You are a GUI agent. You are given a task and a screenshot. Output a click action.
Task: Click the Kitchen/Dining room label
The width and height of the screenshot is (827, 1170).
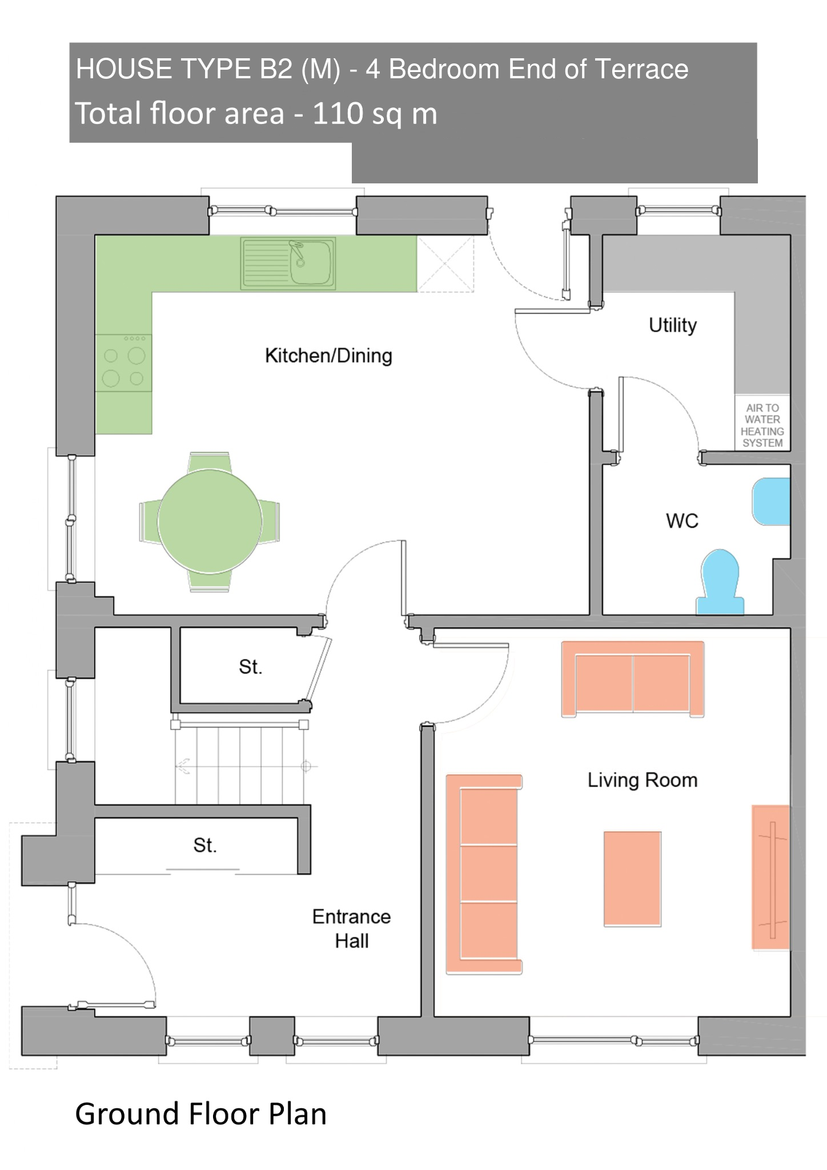click(328, 356)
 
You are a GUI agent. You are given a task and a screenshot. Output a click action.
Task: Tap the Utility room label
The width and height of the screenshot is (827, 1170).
click(673, 326)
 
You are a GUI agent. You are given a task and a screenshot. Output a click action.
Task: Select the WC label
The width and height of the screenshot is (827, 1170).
click(682, 521)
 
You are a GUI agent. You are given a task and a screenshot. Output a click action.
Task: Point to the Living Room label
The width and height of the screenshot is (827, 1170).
click(643, 780)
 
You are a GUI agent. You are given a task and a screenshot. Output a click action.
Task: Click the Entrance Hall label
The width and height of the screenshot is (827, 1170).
click(351, 928)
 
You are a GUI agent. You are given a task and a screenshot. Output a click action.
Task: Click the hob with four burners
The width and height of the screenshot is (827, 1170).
click(123, 363)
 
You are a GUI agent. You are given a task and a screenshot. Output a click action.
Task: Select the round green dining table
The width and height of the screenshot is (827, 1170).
click(210, 521)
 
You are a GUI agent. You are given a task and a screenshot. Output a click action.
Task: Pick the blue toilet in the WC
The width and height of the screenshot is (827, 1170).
click(720, 582)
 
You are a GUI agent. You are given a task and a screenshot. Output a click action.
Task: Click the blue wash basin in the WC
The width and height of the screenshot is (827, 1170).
click(771, 502)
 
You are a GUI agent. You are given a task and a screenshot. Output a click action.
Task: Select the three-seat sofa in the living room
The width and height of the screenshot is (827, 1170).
click(484, 874)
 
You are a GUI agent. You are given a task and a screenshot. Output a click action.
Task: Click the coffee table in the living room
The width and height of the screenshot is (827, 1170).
click(632, 879)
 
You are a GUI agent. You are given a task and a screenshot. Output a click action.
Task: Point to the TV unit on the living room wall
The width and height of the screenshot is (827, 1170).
click(771, 877)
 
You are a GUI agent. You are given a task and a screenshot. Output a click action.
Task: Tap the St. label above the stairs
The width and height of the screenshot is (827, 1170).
click(251, 667)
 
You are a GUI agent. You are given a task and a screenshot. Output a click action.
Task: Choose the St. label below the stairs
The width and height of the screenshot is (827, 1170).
click(205, 845)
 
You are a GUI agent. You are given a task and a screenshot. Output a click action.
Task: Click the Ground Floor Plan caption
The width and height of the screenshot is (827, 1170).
click(201, 1115)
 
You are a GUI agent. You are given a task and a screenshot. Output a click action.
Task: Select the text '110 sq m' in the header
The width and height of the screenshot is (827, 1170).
click(375, 113)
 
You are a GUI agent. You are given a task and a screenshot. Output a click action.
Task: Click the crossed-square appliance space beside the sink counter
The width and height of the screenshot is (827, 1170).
click(445, 264)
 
